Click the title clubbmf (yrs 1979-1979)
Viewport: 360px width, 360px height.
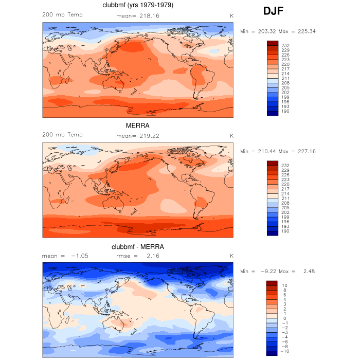(x=138, y=6)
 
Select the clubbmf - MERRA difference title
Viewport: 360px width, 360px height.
(x=138, y=247)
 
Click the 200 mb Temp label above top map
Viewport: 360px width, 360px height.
(x=62, y=14)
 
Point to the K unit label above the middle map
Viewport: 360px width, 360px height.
(x=231, y=135)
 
